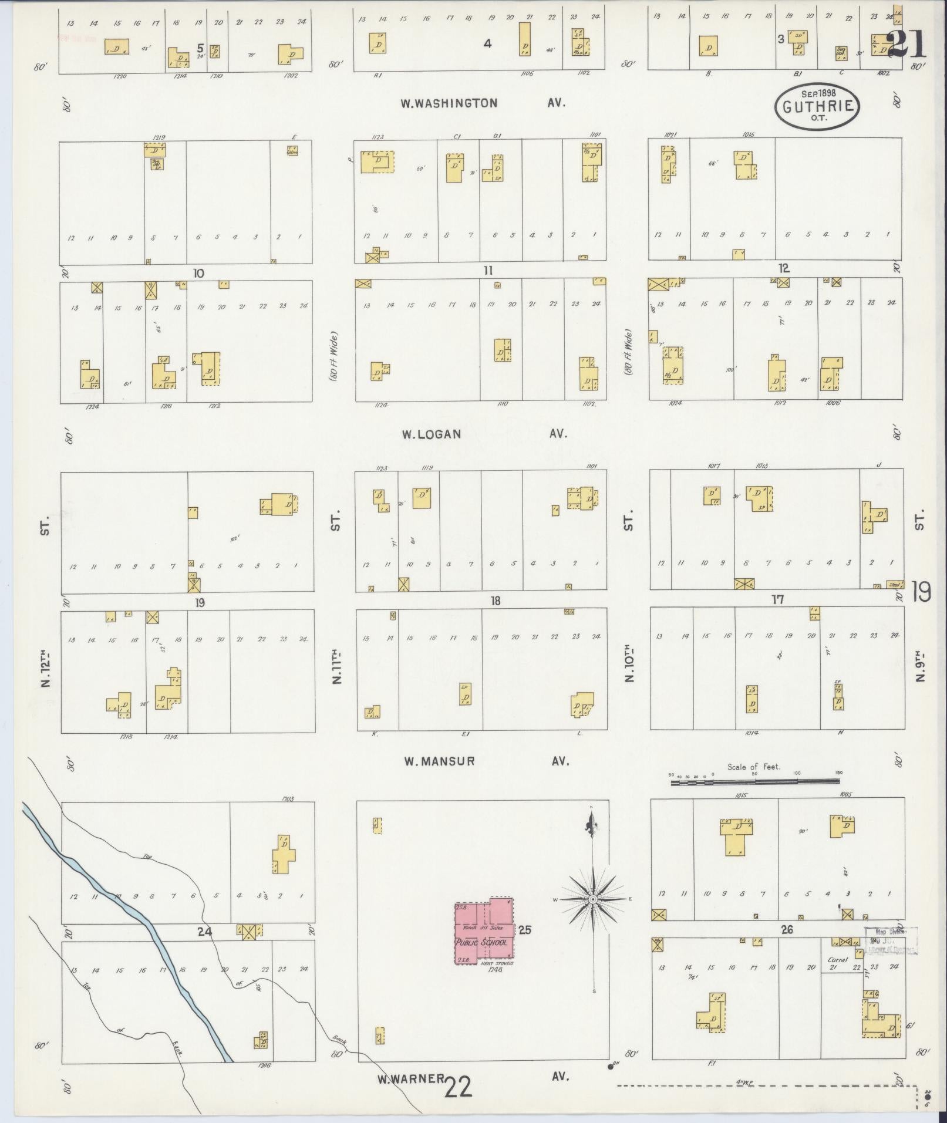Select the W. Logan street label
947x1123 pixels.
[x=432, y=434]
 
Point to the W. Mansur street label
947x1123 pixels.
[x=439, y=762]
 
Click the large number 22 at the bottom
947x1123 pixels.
[x=459, y=1088]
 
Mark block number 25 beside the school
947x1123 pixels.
[x=525, y=930]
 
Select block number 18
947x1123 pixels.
[x=496, y=601]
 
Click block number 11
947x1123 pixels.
[x=488, y=271]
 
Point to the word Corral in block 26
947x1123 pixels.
[x=837, y=960]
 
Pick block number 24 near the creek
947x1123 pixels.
[x=204, y=931]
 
